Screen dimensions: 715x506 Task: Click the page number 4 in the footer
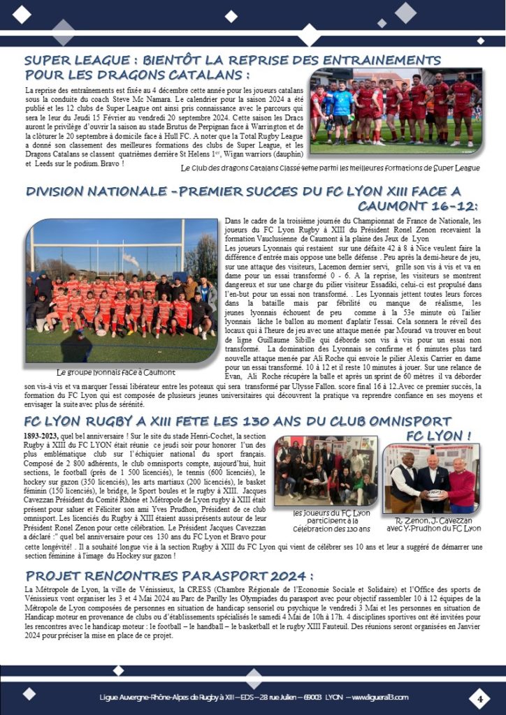tap(480, 698)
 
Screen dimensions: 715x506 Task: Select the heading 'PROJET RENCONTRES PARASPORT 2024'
tap(168, 576)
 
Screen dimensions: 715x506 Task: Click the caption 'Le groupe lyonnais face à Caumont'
tap(115, 372)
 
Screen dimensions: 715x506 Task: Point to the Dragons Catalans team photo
tap(396, 112)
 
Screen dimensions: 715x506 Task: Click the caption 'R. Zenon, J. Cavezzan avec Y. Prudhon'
tap(433, 524)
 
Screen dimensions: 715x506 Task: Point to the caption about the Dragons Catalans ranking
tap(329, 168)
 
